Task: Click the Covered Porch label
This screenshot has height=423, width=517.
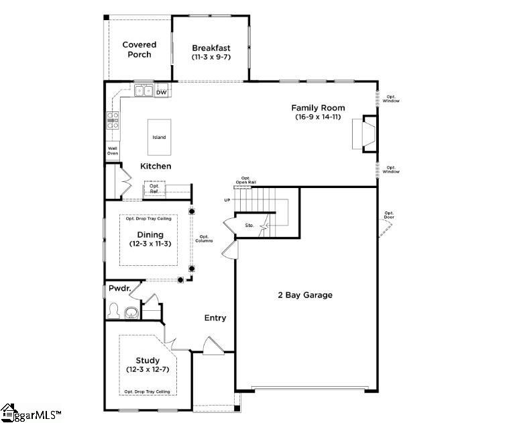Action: point(139,50)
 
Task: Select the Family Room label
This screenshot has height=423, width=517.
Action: point(318,107)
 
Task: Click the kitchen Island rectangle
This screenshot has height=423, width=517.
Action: point(159,137)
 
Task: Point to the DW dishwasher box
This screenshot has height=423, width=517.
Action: point(161,92)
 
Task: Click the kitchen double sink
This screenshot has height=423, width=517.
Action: point(142,91)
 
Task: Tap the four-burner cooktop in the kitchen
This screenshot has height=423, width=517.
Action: point(113,120)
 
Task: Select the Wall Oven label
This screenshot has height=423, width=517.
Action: point(113,150)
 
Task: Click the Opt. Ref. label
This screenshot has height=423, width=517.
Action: point(154,189)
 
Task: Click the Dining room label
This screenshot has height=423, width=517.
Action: point(150,234)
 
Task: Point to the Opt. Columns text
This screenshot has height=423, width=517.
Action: point(205,238)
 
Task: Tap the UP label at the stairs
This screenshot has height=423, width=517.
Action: point(227,200)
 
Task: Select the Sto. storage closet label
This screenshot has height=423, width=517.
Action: point(249,226)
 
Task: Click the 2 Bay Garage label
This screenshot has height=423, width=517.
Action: point(305,295)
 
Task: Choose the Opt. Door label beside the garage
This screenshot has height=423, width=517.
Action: point(389,216)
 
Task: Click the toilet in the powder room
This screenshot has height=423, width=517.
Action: point(115,312)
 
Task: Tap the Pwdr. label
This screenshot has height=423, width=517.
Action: point(118,289)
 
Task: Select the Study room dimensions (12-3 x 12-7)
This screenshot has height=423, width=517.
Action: point(147,370)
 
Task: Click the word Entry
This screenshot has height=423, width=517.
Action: point(215,318)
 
